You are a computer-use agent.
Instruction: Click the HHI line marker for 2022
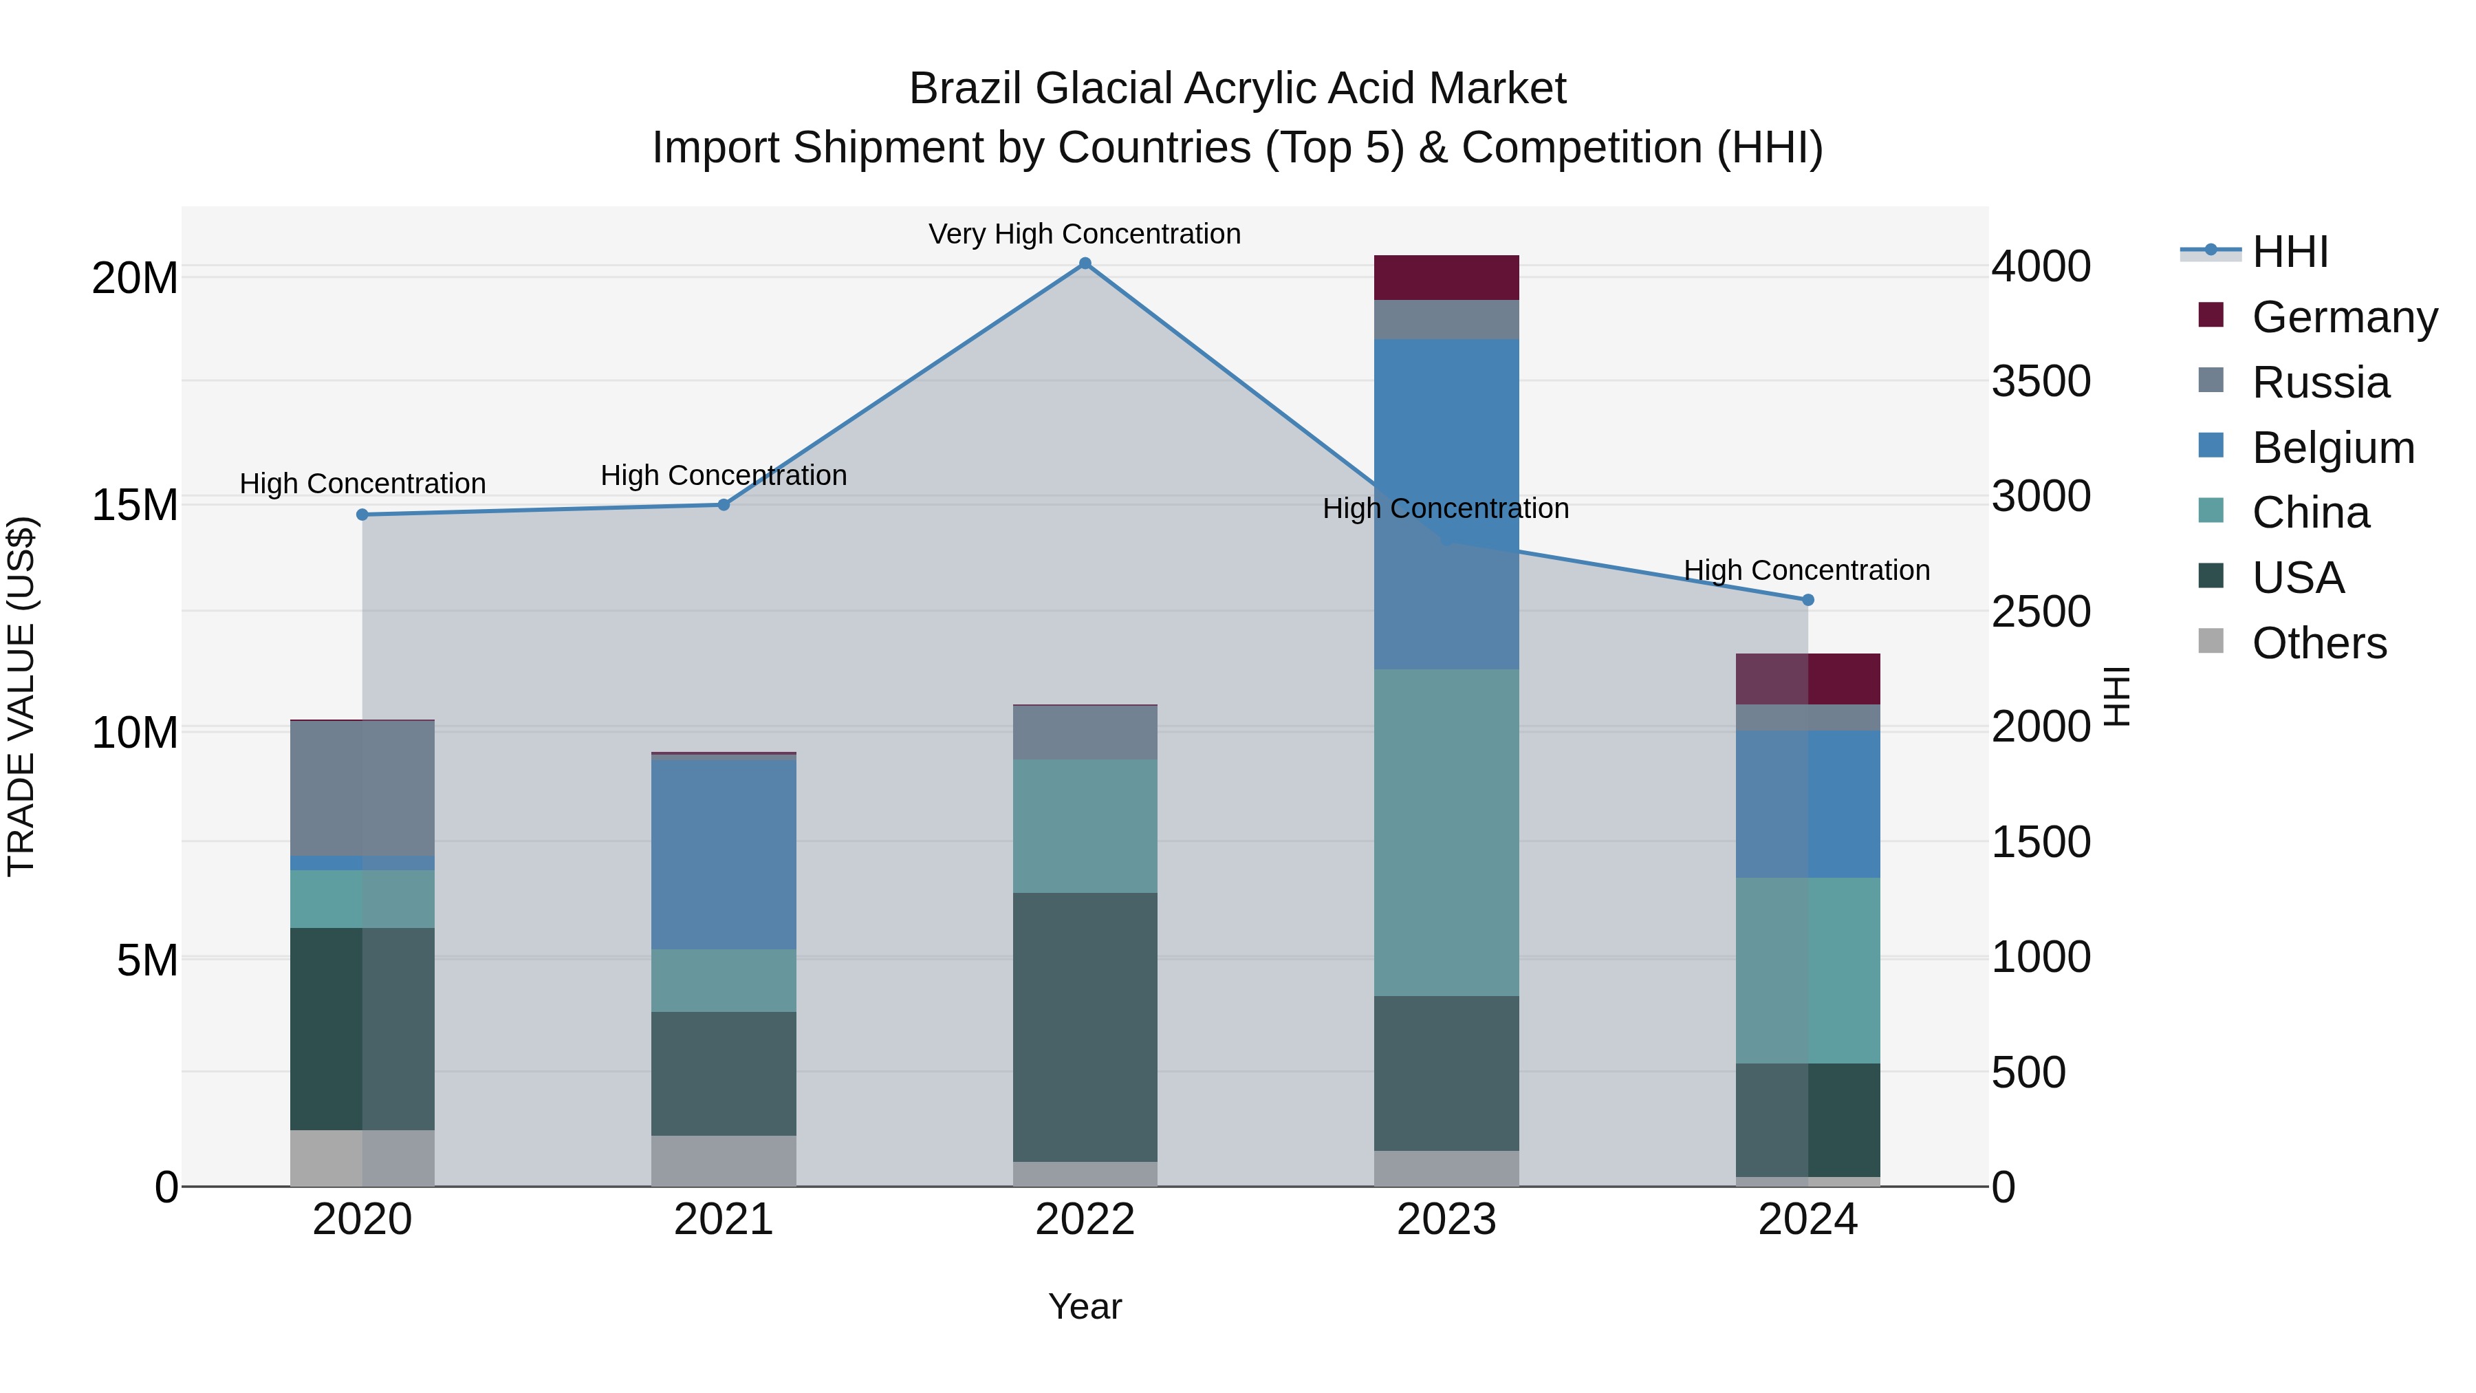(1085, 263)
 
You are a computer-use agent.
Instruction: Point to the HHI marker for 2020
(362, 515)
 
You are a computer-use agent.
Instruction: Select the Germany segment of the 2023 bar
(1446, 278)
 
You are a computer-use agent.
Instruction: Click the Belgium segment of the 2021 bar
(724, 854)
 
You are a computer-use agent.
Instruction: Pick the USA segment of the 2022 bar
(1085, 1027)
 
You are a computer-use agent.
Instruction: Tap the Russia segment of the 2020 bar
(362, 788)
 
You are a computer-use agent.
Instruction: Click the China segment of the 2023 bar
(1446, 832)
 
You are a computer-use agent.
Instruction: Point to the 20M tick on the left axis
(135, 279)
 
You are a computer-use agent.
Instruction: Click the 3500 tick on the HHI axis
(2040, 382)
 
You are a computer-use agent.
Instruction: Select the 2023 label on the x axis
(1446, 1220)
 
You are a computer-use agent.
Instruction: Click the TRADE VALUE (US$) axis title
(21, 696)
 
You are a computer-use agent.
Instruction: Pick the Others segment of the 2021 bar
(724, 1161)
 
